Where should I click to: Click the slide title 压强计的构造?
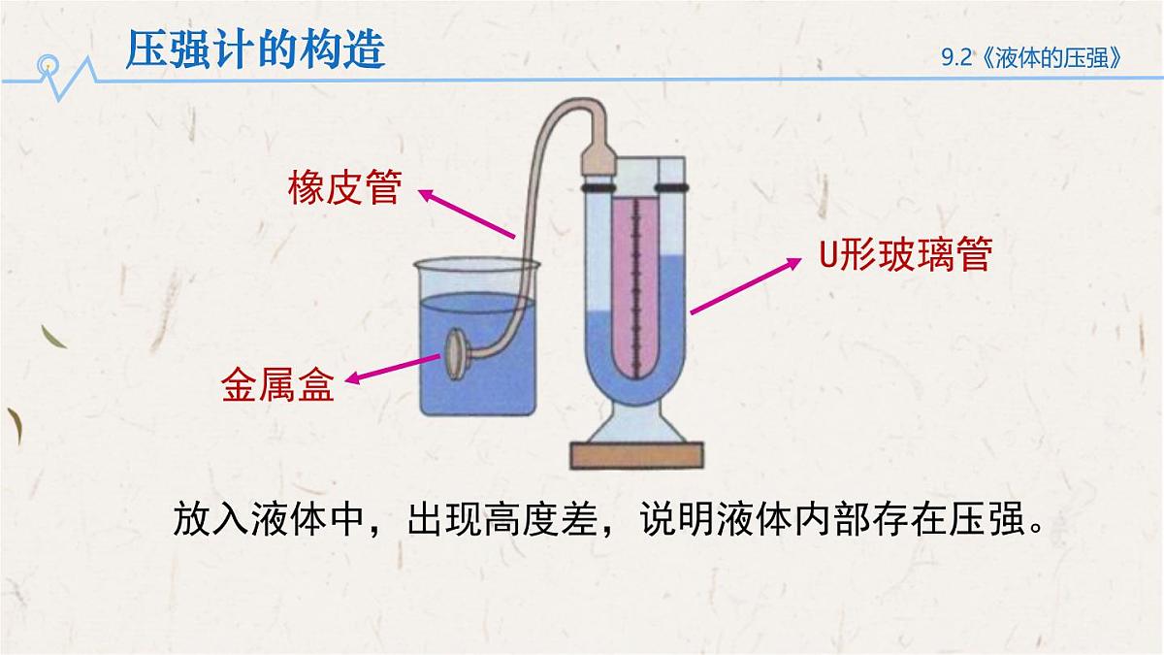255,49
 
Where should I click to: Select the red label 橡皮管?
344,187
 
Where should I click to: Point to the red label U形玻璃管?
906,253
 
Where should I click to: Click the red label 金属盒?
277,384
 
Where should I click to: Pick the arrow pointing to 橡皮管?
467,213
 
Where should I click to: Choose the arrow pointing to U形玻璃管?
746,286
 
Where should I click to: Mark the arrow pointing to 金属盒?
393,369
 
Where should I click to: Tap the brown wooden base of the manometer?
636,455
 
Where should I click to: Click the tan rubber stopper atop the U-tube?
598,158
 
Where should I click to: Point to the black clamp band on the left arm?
598,187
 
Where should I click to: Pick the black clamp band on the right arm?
672,187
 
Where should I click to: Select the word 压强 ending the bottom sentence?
986,519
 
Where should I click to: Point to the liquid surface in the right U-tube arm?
672,255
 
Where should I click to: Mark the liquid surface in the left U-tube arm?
598,312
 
